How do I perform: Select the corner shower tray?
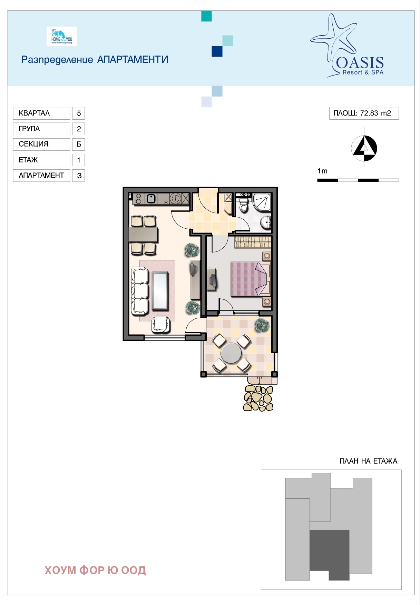262,202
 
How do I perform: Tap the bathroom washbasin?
266,222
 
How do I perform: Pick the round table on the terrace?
231,353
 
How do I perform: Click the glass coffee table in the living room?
160,291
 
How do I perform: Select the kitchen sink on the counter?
151,199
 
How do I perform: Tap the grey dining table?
143,235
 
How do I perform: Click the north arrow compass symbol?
364,148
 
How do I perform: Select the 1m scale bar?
358,180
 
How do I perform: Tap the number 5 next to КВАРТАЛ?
79,113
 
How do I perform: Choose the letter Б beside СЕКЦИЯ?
79,144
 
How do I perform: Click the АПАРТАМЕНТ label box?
41,175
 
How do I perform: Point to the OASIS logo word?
360,62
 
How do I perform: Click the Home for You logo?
62,36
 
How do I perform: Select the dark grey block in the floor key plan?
330,555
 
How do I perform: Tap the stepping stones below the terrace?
258,398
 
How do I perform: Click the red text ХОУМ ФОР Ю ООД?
95,570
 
